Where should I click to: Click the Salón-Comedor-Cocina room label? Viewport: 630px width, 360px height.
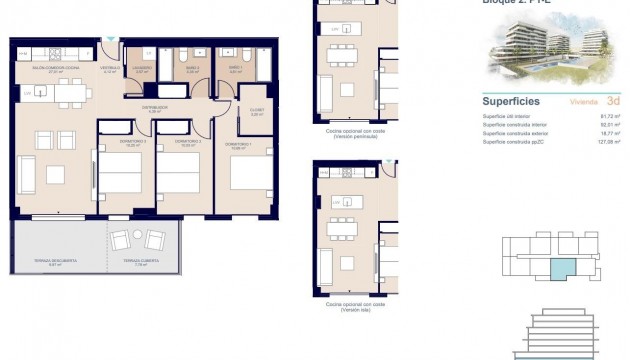[x=46, y=69]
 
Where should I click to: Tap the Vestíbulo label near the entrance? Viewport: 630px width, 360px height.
[x=111, y=69]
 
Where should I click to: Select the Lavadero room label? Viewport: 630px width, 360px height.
[x=142, y=69]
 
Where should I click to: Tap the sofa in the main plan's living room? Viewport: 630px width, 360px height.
[x=26, y=173]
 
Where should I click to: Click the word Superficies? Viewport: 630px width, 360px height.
[x=512, y=101]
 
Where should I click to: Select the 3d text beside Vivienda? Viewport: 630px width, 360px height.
[x=612, y=101]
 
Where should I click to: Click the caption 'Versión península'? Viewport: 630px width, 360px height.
[x=355, y=136]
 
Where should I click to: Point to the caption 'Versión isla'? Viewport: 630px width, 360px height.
[x=355, y=310]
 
